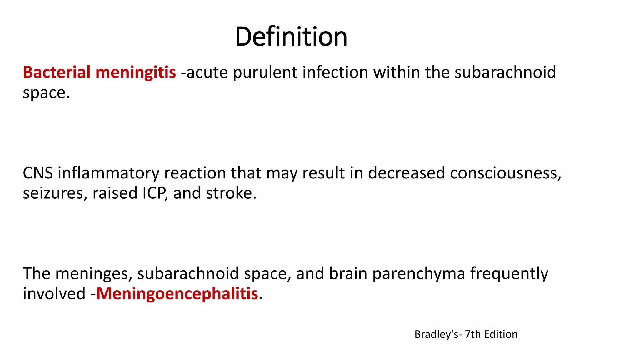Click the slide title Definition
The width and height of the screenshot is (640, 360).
coord(291,37)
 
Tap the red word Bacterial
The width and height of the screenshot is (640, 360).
coord(57,72)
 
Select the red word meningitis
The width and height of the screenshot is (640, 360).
coord(136,72)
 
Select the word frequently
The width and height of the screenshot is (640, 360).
coord(509,273)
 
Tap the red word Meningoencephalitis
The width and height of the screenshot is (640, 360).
coord(177,294)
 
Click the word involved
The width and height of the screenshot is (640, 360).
coord(54,294)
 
